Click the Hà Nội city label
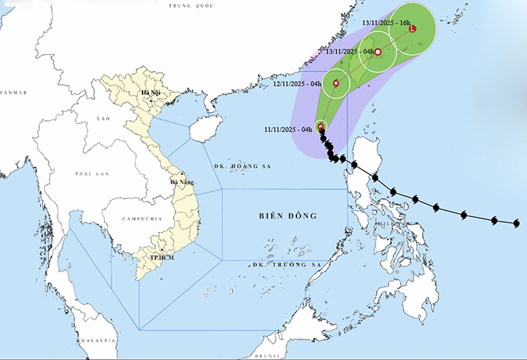point(150,92)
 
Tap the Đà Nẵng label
point(181,183)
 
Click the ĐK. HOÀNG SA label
point(235,167)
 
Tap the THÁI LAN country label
point(91,173)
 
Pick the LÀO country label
point(102,120)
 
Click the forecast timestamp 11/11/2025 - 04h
point(288,129)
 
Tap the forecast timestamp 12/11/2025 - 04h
point(297,84)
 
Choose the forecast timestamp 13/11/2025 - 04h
point(351,52)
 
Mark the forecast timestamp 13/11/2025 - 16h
point(386,23)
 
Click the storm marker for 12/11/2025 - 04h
point(336,84)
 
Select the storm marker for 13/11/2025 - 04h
point(378,52)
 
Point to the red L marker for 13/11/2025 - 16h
point(412,29)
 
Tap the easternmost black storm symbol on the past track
point(517,224)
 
